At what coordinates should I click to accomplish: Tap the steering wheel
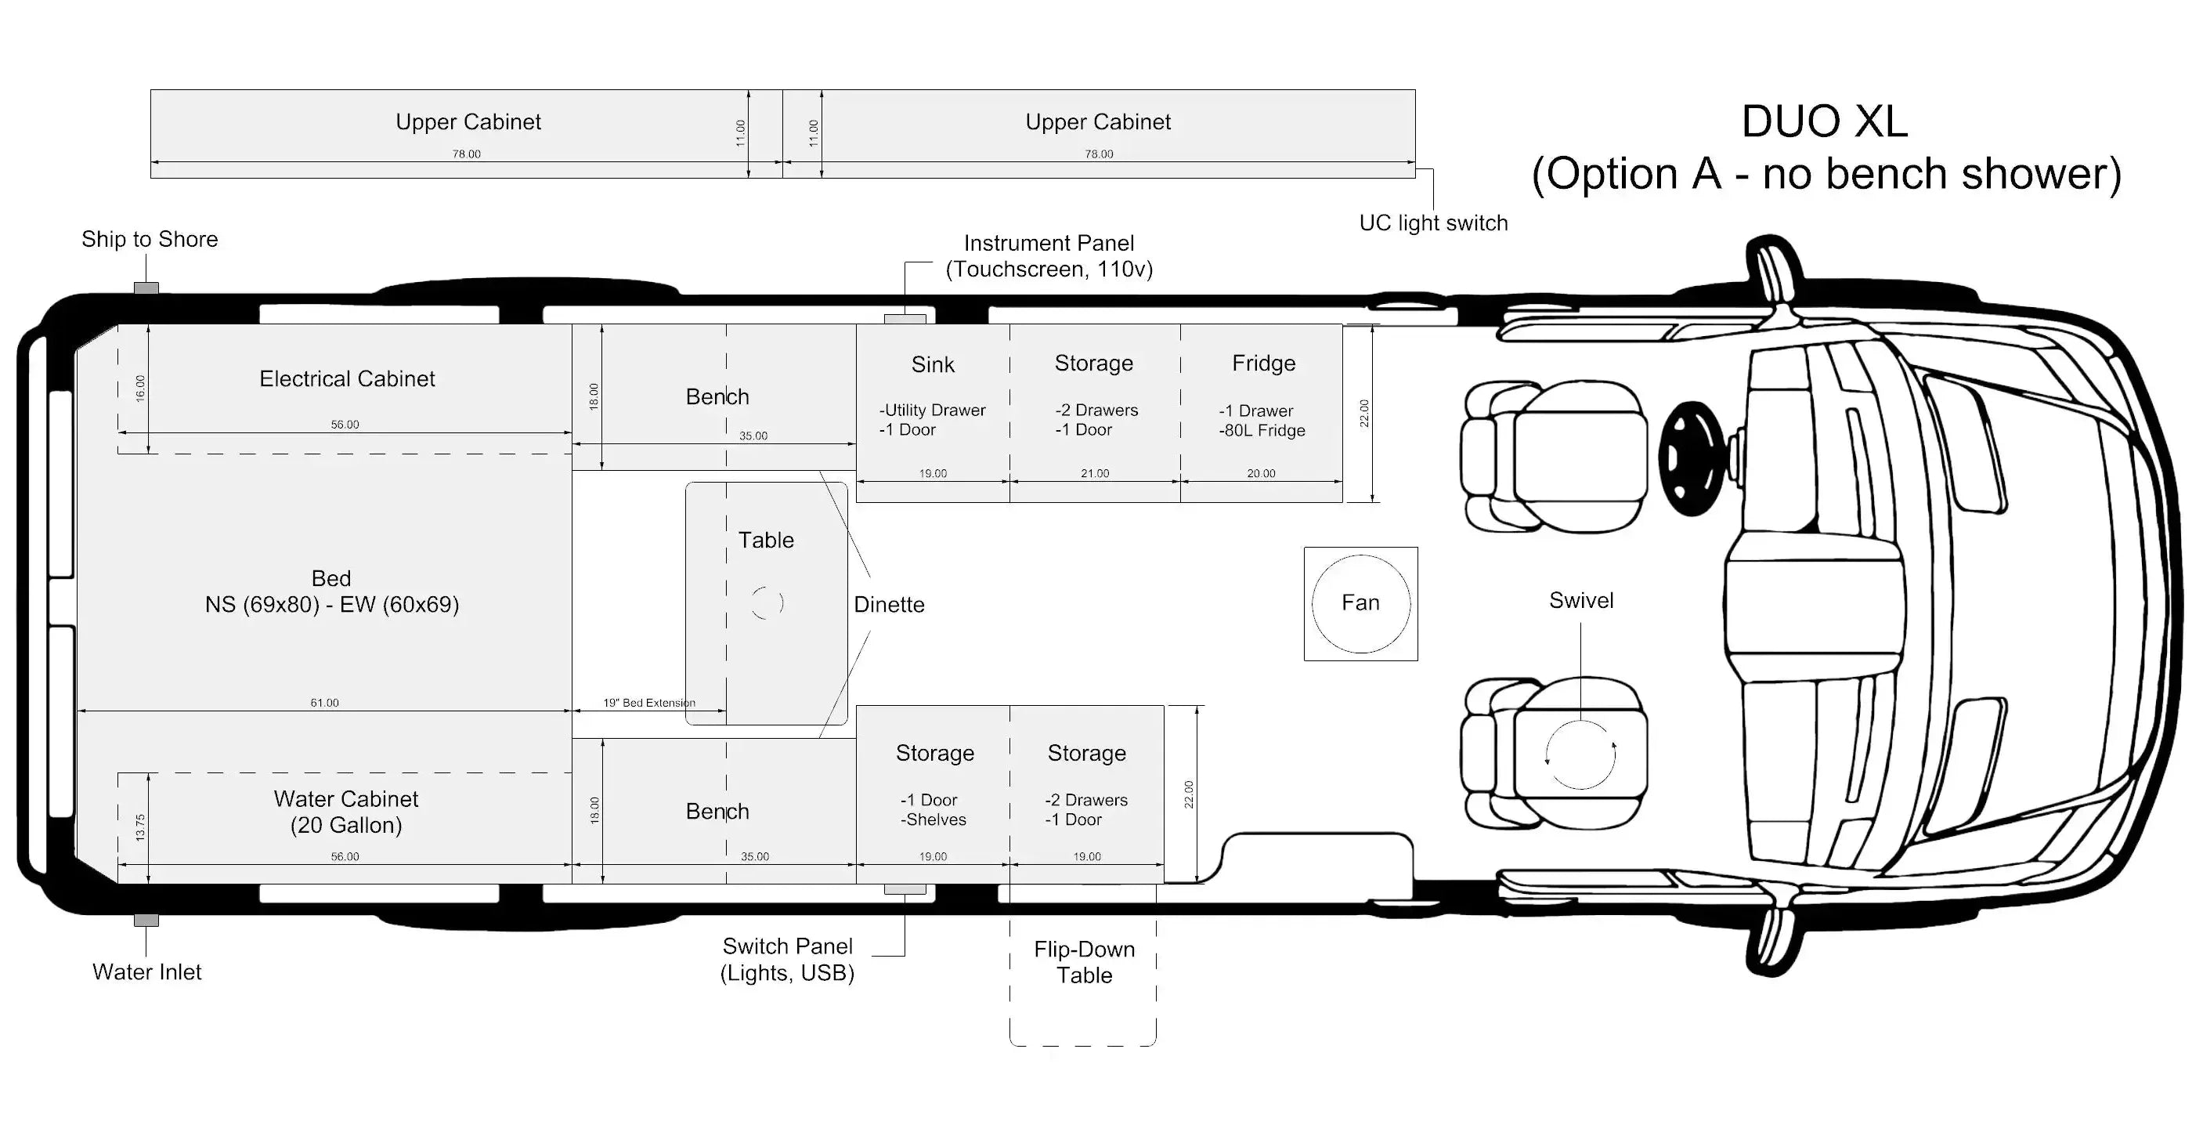point(1694,458)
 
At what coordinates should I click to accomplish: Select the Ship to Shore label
point(150,240)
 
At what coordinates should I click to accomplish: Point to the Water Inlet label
point(147,972)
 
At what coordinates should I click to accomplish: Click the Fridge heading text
point(1264,364)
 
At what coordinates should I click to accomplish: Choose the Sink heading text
point(933,364)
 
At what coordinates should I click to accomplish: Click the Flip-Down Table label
point(1085,963)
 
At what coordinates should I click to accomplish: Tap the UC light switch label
point(1433,223)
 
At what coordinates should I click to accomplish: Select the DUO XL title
point(1824,121)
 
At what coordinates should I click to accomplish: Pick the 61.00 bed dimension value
point(324,704)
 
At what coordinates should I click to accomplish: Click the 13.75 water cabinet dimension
point(141,827)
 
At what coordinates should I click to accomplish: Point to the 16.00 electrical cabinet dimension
point(141,389)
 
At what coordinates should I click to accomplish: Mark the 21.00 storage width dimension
point(1095,474)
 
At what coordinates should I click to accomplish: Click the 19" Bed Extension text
point(649,704)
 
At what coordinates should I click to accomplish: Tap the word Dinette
point(890,605)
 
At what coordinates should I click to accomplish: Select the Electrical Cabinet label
point(347,379)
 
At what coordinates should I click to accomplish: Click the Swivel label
point(1581,601)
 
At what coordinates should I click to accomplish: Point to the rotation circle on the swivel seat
point(1581,720)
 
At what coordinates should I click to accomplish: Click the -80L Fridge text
point(1262,431)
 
